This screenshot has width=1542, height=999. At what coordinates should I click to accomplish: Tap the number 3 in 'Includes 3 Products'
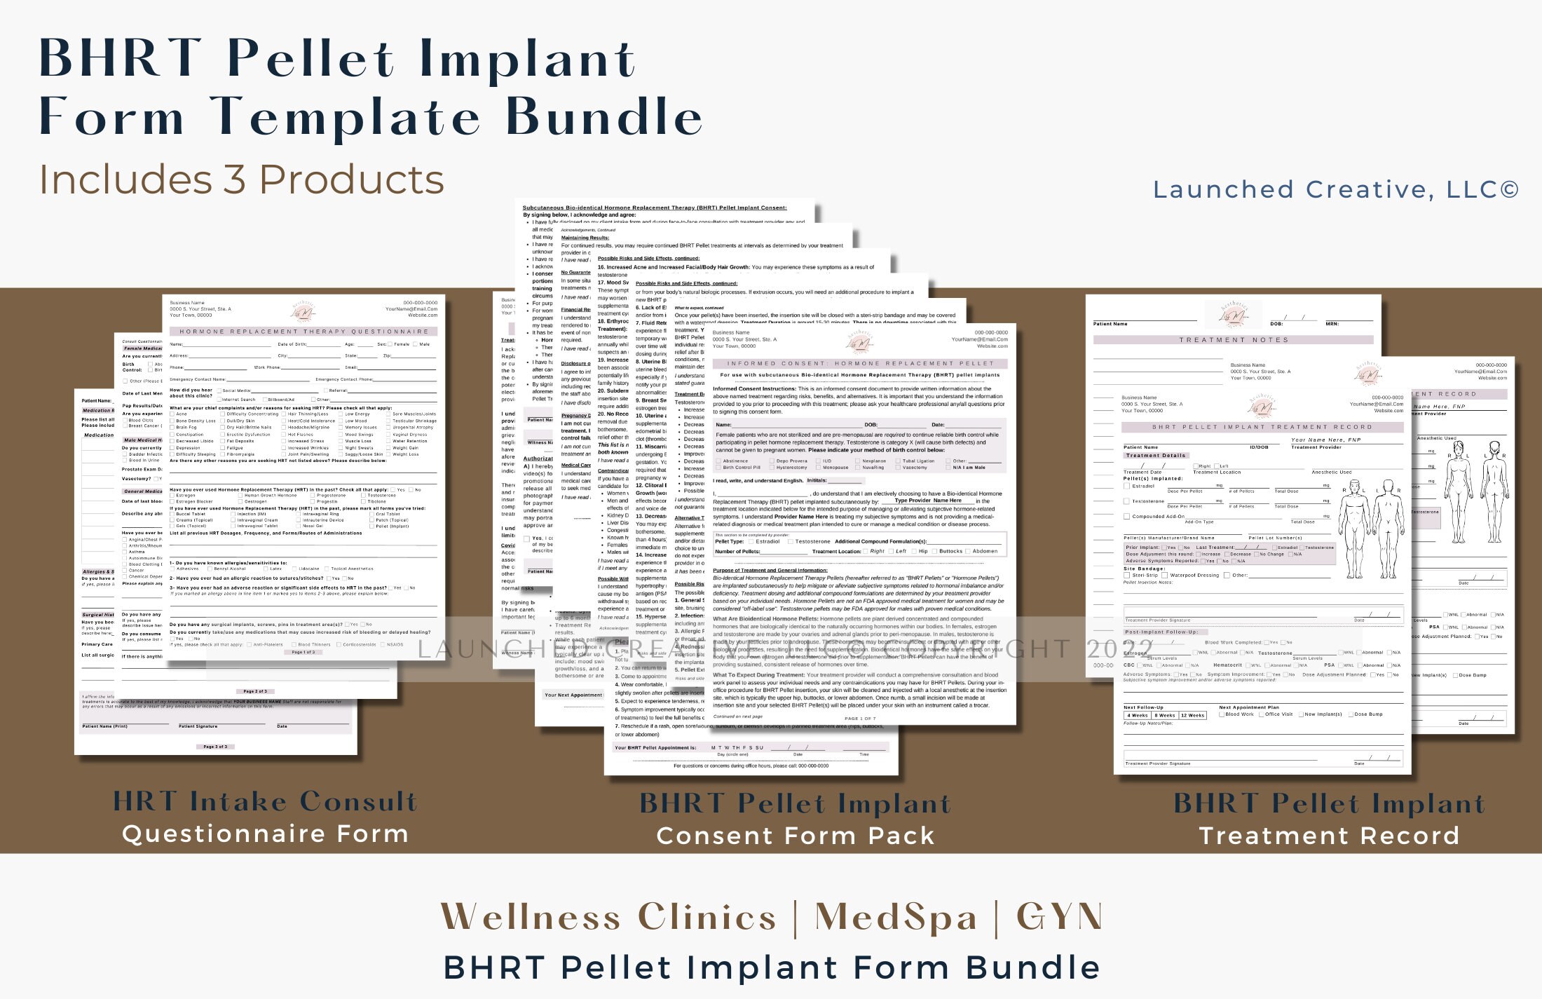234,179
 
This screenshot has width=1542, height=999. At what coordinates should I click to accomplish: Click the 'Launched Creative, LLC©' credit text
1335,189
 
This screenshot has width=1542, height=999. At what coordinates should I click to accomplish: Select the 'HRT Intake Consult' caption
266,801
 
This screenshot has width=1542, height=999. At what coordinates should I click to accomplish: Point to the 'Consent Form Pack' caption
795,836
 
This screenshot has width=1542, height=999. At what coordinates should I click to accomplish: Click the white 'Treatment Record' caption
1329,836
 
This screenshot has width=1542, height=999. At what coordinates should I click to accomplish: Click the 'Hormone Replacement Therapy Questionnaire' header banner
304,332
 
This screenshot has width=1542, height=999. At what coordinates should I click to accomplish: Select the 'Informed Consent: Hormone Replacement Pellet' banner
860,363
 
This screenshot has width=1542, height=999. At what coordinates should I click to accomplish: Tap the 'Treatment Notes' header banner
1234,340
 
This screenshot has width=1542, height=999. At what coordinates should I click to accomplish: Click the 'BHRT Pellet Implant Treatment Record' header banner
1262,427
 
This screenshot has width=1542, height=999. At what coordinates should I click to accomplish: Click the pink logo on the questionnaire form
303,311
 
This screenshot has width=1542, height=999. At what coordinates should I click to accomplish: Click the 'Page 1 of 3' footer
303,652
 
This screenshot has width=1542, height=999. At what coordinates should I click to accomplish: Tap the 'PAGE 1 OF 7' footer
860,719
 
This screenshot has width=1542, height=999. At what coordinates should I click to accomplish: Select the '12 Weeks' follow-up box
1192,715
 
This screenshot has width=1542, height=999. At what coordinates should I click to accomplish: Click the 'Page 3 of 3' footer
215,747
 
